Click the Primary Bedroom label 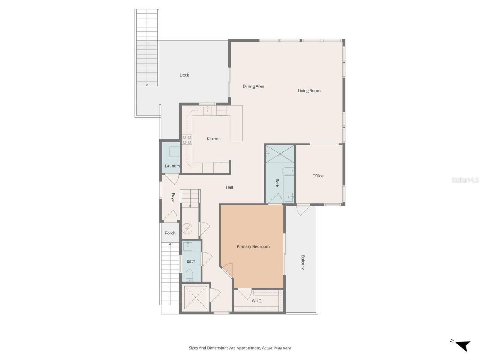(x=253, y=246)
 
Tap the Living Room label (x=309, y=90)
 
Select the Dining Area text (x=253, y=86)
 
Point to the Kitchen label (x=214, y=139)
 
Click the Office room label (x=318, y=176)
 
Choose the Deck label (x=184, y=75)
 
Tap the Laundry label (x=172, y=166)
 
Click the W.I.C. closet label (x=257, y=301)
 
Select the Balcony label (x=303, y=262)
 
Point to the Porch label (x=170, y=233)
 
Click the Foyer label (x=173, y=198)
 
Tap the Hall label (x=229, y=187)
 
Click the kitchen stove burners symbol (x=187, y=140)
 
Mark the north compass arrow (x=463, y=345)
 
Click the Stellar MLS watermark (x=465, y=180)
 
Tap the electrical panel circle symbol (x=187, y=228)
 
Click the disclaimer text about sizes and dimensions (x=240, y=348)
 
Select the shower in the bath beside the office (x=280, y=154)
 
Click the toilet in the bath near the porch (x=189, y=275)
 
